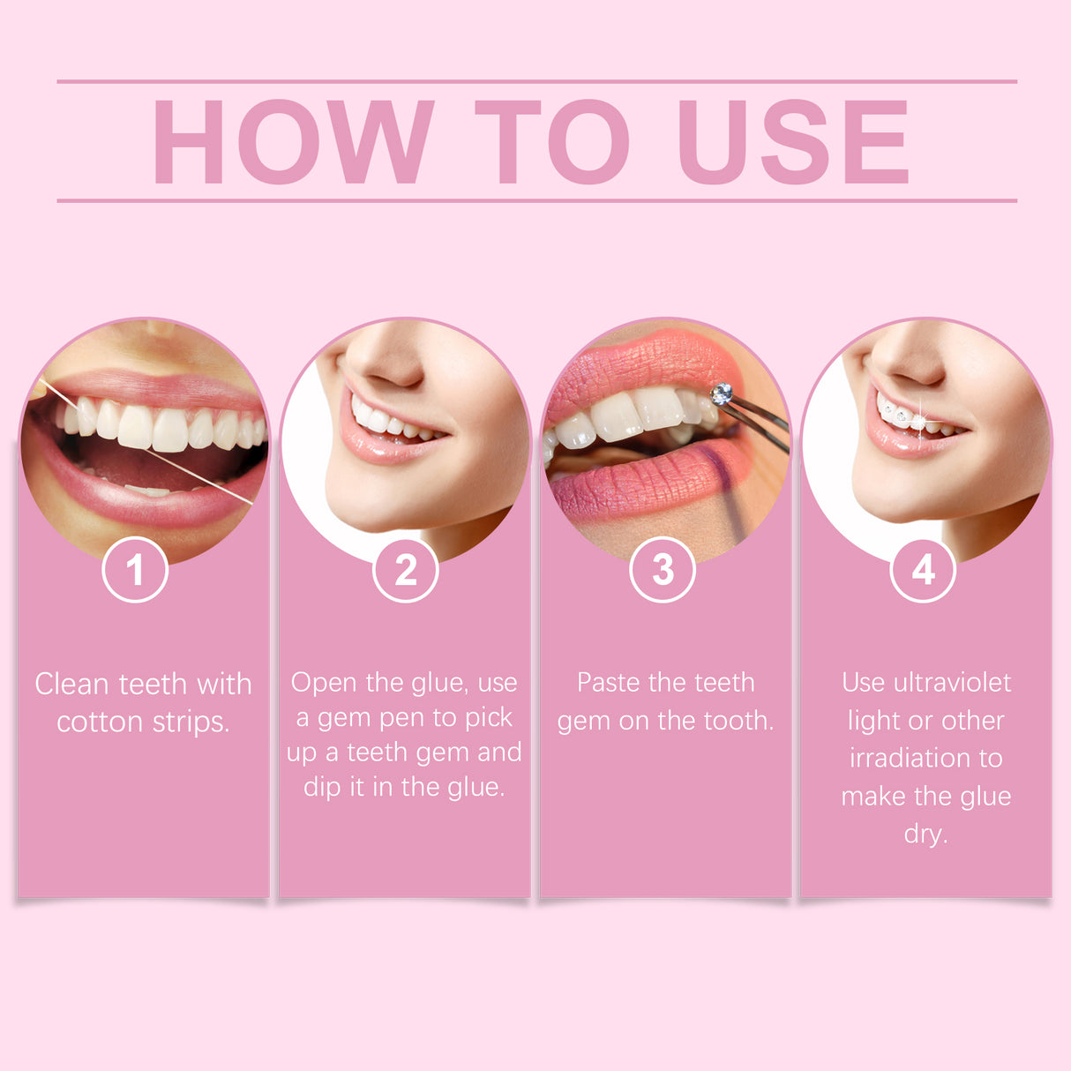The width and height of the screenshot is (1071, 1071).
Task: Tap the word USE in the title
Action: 791,142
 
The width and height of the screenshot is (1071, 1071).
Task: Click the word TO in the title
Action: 551,142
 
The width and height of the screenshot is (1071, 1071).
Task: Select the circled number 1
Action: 135,570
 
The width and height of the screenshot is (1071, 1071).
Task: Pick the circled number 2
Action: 406,570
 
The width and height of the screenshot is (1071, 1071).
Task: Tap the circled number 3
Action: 663,570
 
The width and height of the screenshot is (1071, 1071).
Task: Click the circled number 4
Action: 923,570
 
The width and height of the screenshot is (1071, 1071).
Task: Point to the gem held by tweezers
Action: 722,393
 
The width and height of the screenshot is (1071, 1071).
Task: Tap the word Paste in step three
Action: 609,683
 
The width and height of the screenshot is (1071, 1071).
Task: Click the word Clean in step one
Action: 72,685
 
